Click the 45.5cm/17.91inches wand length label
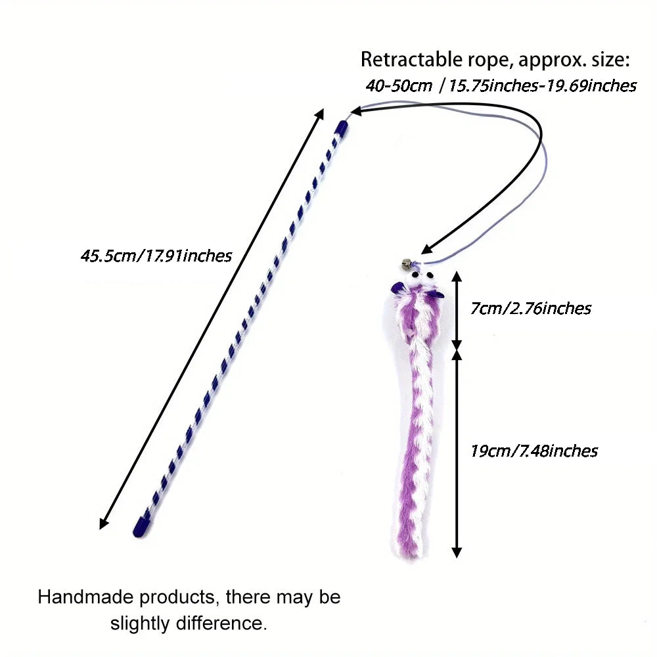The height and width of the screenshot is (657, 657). point(156,256)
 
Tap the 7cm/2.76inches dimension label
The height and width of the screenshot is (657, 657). point(530,308)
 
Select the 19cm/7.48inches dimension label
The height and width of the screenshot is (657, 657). point(533,451)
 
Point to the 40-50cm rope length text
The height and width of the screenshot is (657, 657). point(399,86)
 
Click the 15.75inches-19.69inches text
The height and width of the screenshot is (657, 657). point(543,86)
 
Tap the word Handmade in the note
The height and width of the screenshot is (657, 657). point(86,597)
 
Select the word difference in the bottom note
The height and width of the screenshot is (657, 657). point(221,623)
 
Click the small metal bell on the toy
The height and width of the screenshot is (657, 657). point(405,264)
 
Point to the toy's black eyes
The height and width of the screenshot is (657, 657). point(422,275)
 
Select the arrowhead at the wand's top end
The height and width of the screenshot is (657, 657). point(320,114)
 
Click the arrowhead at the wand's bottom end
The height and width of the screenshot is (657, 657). point(103,524)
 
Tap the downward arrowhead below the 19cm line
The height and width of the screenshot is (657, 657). point(457,552)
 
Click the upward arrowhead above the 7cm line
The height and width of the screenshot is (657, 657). point(457,277)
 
